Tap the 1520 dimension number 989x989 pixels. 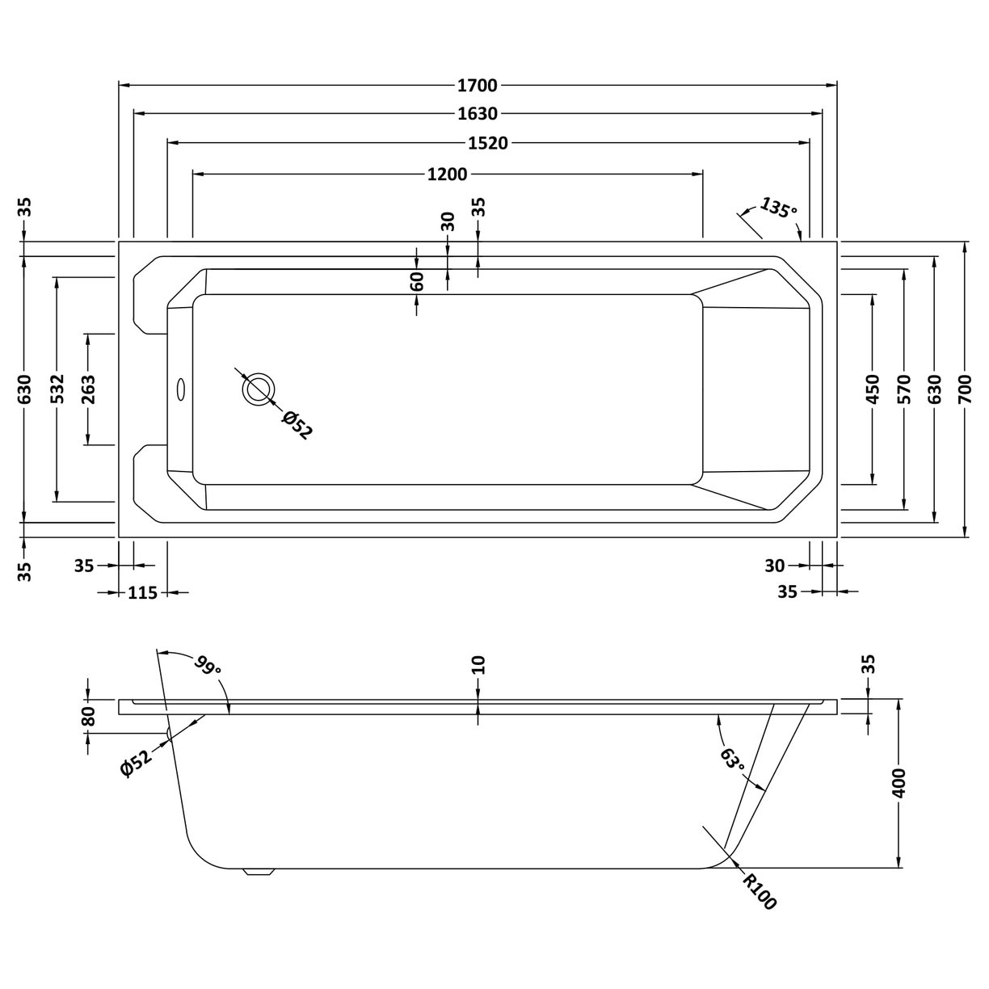point(489,143)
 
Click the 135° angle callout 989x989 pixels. point(778,209)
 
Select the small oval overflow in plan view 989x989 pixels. point(179,389)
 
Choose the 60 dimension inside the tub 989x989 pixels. point(417,281)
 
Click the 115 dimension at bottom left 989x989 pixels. point(142,593)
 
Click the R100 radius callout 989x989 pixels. point(760,892)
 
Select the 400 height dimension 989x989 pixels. point(899,783)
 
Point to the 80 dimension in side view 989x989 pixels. point(88,716)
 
